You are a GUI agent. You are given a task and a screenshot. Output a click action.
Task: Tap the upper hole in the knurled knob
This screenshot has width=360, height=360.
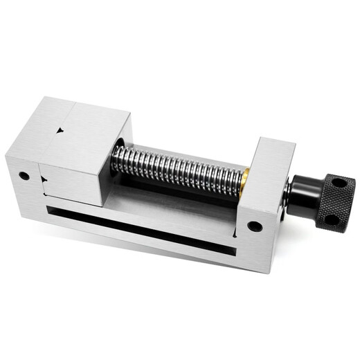pyautogui.click(x=339, y=183)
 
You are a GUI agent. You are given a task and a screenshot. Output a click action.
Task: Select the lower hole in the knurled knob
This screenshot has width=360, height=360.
pyautogui.click(x=330, y=219)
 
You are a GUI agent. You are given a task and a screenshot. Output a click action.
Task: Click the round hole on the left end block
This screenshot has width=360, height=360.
pyautogui.click(x=24, y=176)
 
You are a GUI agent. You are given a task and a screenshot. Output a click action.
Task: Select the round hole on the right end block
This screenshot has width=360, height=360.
pyautogui.click(x=255, y=226)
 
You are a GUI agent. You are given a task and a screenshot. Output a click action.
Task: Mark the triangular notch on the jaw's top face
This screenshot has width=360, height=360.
pyautogui.click(x=61, y=129)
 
